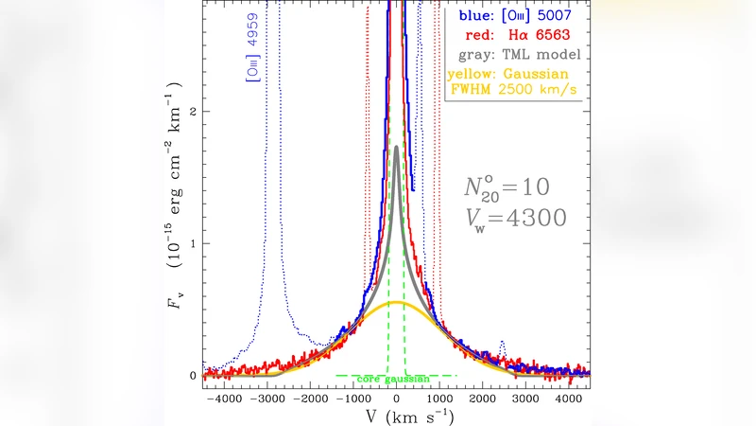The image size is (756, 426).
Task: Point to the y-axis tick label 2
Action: point(193,112)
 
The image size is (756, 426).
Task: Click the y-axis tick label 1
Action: point(193,243)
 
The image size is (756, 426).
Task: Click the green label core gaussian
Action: point(395,379)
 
